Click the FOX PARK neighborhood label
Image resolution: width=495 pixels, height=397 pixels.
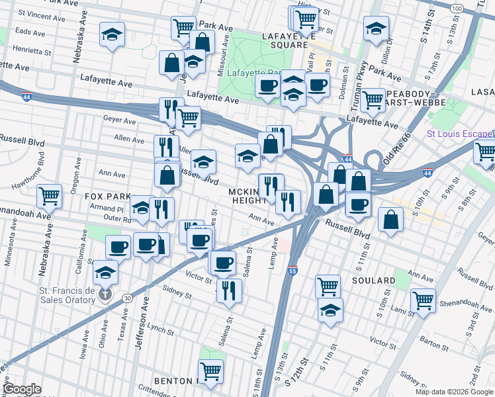click(103, 197)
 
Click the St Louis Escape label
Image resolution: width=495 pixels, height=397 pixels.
click(460, 133)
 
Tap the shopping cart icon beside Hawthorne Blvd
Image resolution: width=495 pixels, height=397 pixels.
click(50, 196)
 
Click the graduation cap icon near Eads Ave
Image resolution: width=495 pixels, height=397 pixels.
click(112, 34)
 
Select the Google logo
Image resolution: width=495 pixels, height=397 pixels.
click(22, 389)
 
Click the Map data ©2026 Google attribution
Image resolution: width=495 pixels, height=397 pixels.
click(453, 392)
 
